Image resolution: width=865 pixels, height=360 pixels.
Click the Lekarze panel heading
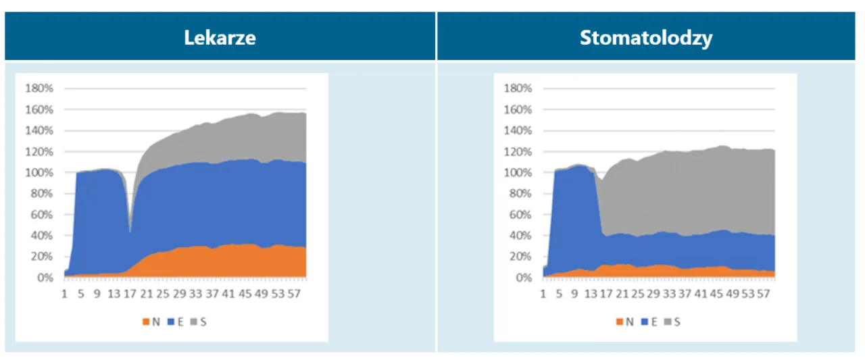220,37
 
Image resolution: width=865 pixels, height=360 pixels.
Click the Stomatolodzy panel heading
646,37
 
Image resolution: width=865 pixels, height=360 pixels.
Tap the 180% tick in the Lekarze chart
40,88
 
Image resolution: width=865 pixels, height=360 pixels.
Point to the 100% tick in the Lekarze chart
40,173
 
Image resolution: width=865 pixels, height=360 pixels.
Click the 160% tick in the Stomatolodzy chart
518,109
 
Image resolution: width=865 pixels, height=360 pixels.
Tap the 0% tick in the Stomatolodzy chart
522,278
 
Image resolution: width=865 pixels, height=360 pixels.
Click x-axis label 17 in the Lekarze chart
130,294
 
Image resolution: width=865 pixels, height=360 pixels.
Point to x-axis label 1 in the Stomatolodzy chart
543,294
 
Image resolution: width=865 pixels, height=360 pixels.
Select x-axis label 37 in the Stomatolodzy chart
685,294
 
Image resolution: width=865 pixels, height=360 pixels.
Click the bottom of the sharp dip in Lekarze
130,232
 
